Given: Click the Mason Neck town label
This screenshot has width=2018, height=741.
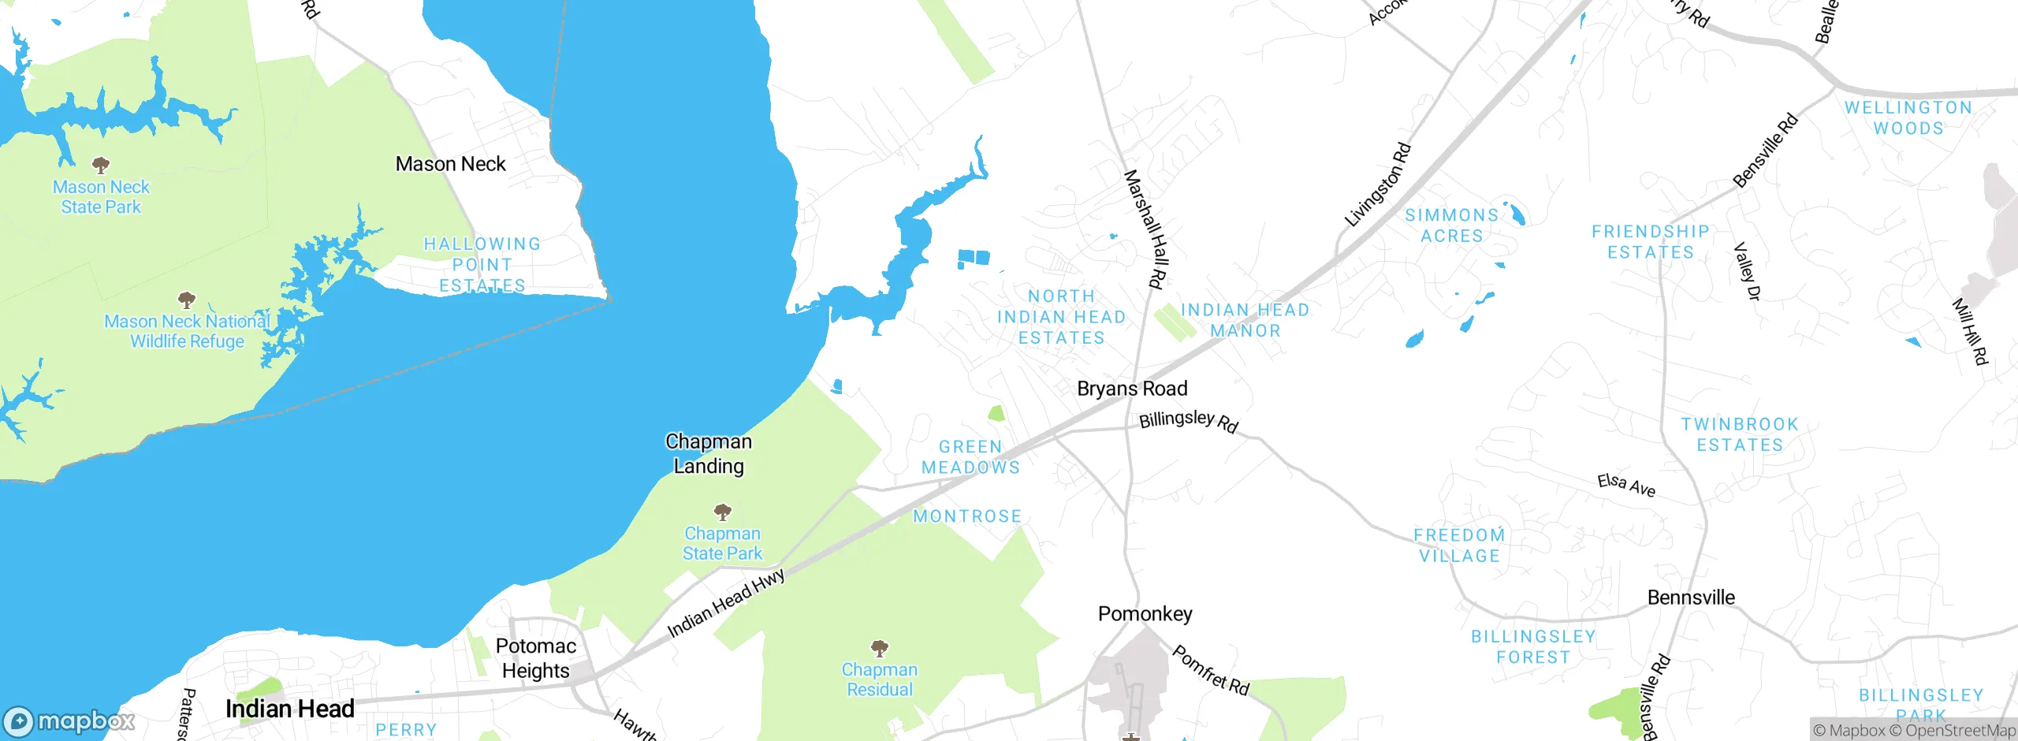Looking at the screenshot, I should (x=450, y=164).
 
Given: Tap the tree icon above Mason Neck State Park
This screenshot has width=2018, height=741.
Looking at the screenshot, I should (x=101, y=166).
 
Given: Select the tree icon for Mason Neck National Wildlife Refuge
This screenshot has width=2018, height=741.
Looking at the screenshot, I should (x=187, y=300).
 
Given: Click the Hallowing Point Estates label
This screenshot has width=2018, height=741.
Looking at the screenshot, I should (x=482, y=265).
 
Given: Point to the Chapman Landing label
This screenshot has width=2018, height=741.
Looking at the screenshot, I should (x=709, y=453).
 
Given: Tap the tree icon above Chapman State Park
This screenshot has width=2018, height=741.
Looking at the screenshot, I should (x=723, y=512).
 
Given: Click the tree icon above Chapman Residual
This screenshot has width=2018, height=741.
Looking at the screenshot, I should (x=880, y=648).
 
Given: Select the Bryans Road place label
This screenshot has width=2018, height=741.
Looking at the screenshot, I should (x=1132, y=389).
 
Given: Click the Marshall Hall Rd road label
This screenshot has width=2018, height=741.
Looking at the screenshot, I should (x=1144, y=229).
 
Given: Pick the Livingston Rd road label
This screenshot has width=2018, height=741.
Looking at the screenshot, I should (x=1377, y=184).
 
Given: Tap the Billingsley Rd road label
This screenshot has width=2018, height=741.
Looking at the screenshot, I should (x=1189, y=421).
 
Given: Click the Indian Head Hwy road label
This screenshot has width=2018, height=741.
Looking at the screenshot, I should (x=726, y=603).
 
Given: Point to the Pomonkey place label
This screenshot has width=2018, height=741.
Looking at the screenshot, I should (x=1145, y=613).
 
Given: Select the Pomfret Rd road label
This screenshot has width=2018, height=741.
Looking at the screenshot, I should (x=1211, y=670).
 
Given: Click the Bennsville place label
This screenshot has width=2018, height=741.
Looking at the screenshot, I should (x=1691, y=598).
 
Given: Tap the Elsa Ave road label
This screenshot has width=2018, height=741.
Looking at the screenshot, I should (x=1626, y=485).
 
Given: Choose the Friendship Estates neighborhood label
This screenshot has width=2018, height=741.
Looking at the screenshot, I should (x=1651, y=242).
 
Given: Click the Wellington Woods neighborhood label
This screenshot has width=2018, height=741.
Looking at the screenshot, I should (x=1908, y=118).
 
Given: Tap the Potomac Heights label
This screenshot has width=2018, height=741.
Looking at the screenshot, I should (x=536, y=658).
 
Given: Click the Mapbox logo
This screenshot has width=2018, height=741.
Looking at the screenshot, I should (x=69, y=721).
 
